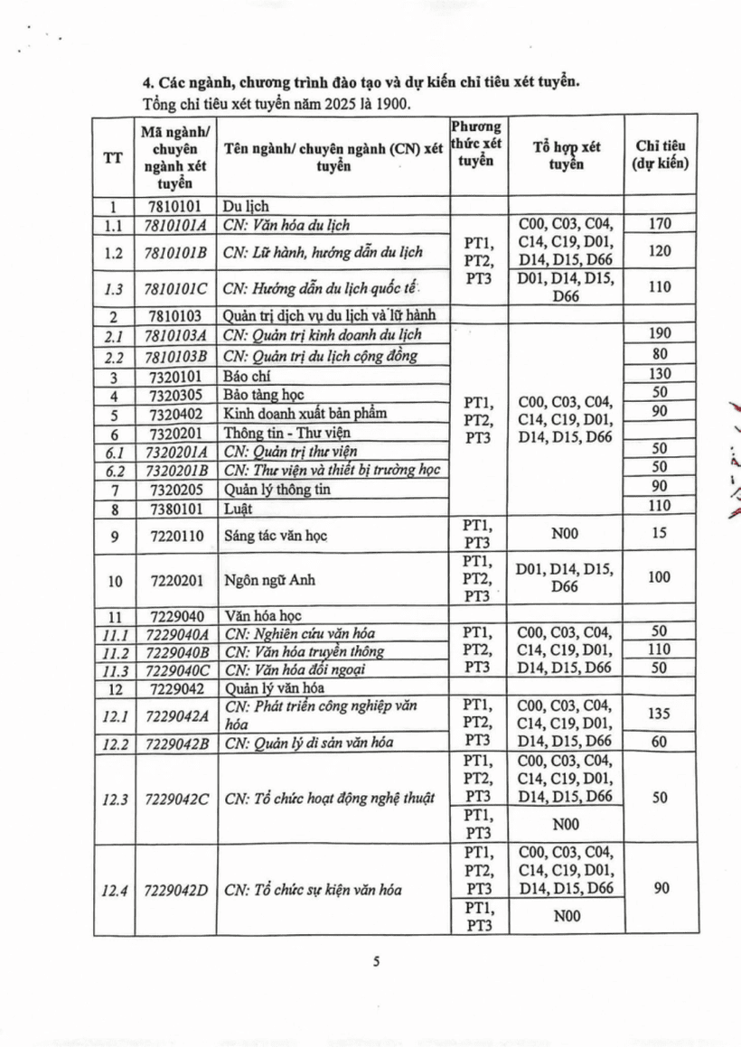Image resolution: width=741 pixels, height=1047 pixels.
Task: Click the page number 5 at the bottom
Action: [376, 962]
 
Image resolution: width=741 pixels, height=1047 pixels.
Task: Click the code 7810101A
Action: [178, 225]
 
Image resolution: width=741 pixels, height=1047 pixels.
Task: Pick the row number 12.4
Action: [113, 890]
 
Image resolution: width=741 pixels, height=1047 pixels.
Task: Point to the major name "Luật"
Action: [238, 505]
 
